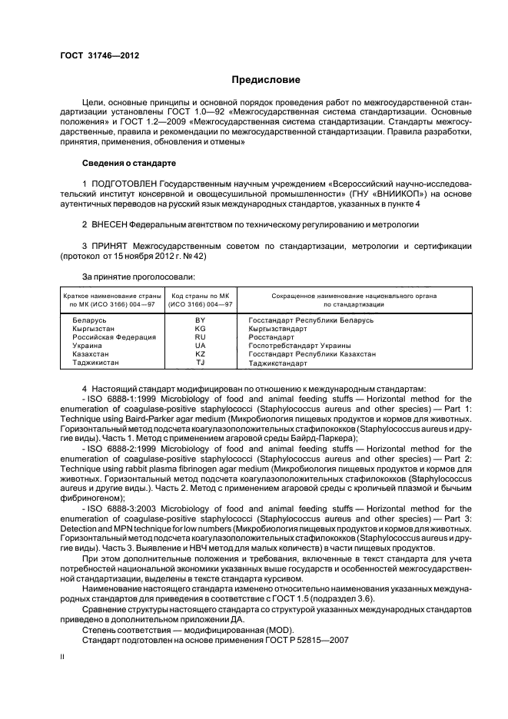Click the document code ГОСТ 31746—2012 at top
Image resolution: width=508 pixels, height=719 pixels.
tap(96, 55)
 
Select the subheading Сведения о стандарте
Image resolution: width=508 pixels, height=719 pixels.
tap(129, 164)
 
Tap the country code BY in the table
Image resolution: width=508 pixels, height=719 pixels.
tap(201, 319)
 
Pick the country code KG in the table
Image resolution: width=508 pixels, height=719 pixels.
tap(201, 328)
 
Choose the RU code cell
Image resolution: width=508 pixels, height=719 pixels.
tap(201, 336)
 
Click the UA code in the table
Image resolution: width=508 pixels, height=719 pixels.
tap(201, 345)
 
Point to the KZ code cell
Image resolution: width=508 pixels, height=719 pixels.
tap(201, 353)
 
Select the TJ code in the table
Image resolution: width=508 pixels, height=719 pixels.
tap(201, 362)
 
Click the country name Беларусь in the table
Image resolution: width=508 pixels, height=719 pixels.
tap(90, 319)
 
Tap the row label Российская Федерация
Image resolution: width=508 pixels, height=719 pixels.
tap(115, 336)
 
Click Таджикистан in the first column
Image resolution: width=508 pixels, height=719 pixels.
tap(96, 362)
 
